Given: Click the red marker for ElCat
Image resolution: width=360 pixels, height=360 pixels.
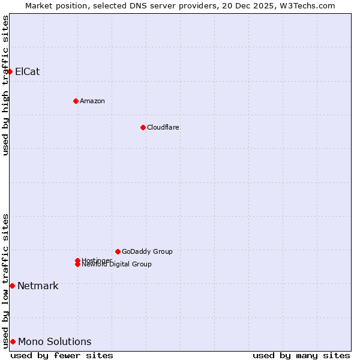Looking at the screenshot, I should tap(10, 71).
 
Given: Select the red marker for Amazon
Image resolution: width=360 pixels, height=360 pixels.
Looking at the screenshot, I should tap(76, 101).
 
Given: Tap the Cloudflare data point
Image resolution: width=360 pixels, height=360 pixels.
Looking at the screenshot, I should tap(143, 127).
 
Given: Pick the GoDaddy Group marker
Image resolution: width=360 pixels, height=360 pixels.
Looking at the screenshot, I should tap(118, 251).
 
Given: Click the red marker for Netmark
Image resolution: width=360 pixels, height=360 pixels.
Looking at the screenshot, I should tap(12, 286).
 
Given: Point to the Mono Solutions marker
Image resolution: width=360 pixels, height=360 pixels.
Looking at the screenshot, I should tap(13, 341).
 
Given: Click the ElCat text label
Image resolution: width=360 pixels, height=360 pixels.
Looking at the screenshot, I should tap(27, 71).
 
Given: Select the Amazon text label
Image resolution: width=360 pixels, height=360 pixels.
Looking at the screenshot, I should tap(92, 101).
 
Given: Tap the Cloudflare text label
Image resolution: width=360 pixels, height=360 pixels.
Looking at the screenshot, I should tap(163, 127).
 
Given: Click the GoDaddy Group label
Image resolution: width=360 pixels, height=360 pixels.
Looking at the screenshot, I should tap(147, 251).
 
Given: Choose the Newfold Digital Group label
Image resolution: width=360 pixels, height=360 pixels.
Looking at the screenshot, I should tap(116, 265).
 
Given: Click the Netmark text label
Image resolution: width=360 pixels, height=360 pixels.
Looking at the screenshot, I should tap(38, 286).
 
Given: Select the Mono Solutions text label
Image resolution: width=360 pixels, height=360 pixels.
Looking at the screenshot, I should tap(55, 341).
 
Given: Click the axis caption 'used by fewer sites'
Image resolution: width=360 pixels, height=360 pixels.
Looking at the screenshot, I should tap(62, 355).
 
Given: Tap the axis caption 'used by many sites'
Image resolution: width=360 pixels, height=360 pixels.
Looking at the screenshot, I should tap(301, 355).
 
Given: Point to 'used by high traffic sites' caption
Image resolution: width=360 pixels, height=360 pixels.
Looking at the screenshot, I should tap(6, 85).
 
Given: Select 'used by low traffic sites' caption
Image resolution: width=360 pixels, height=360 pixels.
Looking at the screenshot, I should tap(6, 281).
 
